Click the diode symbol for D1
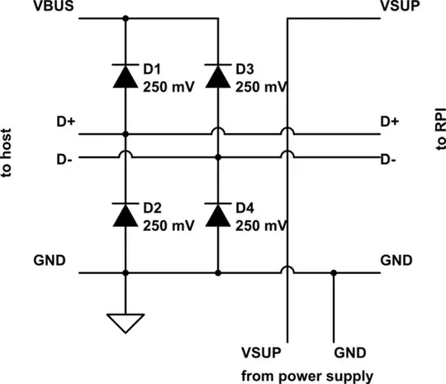126,76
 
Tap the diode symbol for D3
217,76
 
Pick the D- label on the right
390,159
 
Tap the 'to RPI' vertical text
438,132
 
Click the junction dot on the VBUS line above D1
126,18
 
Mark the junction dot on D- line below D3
217,156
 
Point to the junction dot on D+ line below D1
126,133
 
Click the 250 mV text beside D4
261,224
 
